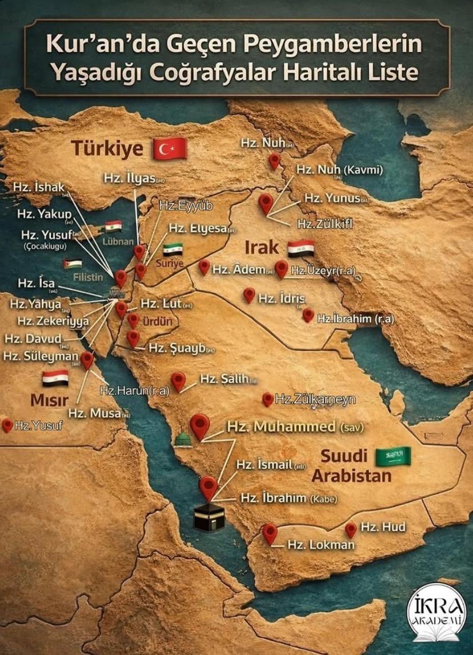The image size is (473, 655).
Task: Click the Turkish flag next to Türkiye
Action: coord(170,148)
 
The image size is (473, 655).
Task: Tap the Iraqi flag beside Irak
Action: coord(300,248)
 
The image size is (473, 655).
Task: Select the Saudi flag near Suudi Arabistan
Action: coord(394,455)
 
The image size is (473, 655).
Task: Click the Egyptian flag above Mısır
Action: coord(55,378)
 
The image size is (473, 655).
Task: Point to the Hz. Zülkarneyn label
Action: coord(315,399)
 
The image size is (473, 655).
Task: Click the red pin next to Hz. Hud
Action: coord(351,529)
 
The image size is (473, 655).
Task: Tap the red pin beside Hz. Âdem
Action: coord(204,266)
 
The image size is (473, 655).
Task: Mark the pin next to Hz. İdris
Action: coord(249,294)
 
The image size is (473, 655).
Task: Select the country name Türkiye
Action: coord(107,148)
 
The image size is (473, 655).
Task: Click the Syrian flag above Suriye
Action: coord(173,249)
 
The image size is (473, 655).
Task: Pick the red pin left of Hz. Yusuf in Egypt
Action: coord(7,424)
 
